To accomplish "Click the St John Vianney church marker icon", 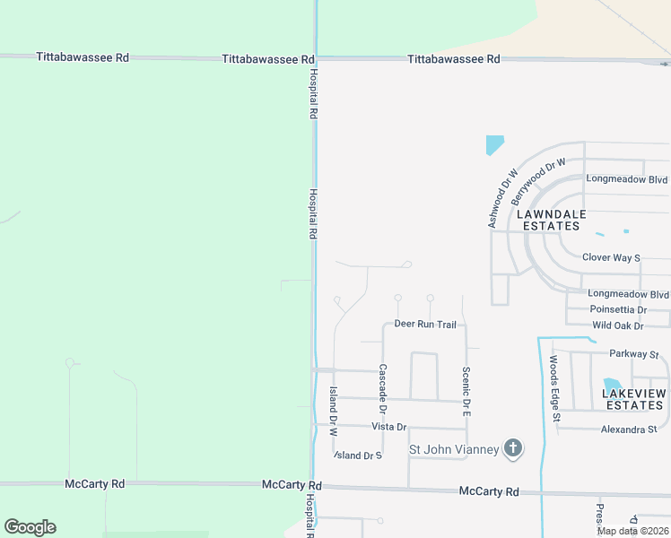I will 512,448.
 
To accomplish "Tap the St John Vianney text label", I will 454,449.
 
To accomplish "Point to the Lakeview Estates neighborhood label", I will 633,399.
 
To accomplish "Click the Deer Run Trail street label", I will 425,324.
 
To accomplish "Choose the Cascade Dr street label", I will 382,387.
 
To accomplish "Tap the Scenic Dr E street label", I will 466,391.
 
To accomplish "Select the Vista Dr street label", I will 388,427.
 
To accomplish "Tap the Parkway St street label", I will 633,354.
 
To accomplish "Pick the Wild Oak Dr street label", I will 617,325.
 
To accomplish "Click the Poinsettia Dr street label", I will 618,309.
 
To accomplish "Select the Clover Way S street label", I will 611,257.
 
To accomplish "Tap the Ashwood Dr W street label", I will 503,198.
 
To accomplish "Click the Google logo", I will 30,527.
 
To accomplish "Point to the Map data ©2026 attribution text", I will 633,531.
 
